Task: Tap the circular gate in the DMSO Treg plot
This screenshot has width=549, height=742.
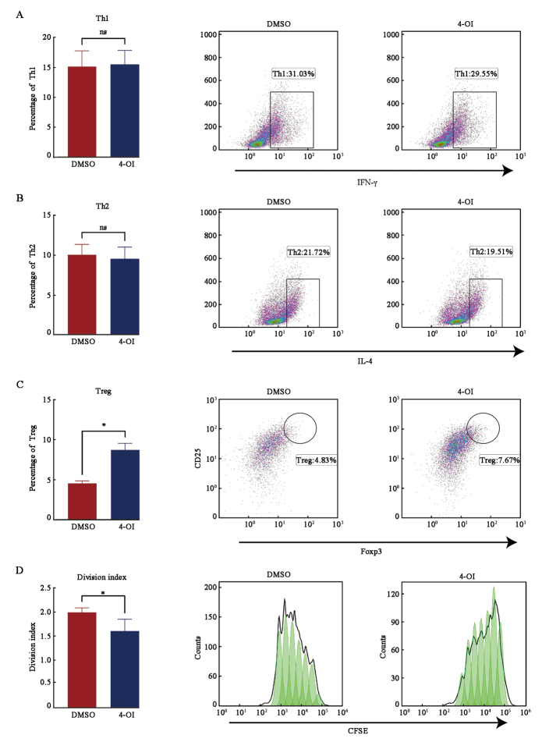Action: coord(300,427)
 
